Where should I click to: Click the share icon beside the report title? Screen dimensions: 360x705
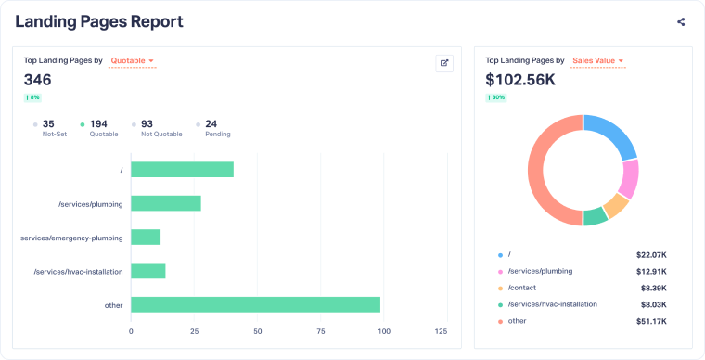[681, 22]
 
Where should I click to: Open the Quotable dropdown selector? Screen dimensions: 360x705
[132, 61]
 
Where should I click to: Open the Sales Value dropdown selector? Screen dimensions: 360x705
[597, 61]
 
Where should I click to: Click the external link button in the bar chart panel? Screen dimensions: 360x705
[444, 63]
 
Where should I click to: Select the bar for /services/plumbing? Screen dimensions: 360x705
[165, 203]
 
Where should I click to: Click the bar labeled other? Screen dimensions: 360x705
[255, 304]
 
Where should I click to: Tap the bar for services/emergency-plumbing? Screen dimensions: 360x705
[146, 238]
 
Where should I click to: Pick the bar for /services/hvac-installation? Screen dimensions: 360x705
[147, 271]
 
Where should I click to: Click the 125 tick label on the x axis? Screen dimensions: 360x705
[442, 331]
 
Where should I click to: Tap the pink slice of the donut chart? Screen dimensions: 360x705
[630, 178]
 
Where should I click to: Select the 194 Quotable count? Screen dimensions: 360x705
[98, 123]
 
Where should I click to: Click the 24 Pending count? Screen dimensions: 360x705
[211, 123]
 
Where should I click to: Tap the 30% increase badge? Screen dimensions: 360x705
[495, 97]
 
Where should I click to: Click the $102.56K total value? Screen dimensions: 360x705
[520, 80]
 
